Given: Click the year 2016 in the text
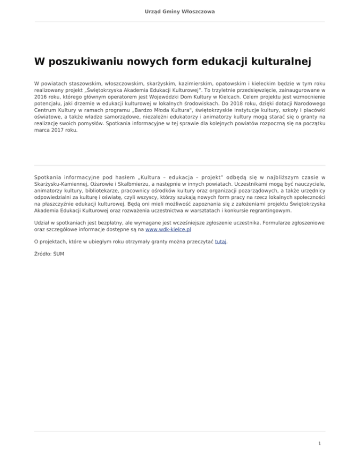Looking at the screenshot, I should coord(42,95).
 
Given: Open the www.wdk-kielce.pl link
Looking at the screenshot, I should coord(168,230).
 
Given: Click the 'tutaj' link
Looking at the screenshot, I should coord(220,242).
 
